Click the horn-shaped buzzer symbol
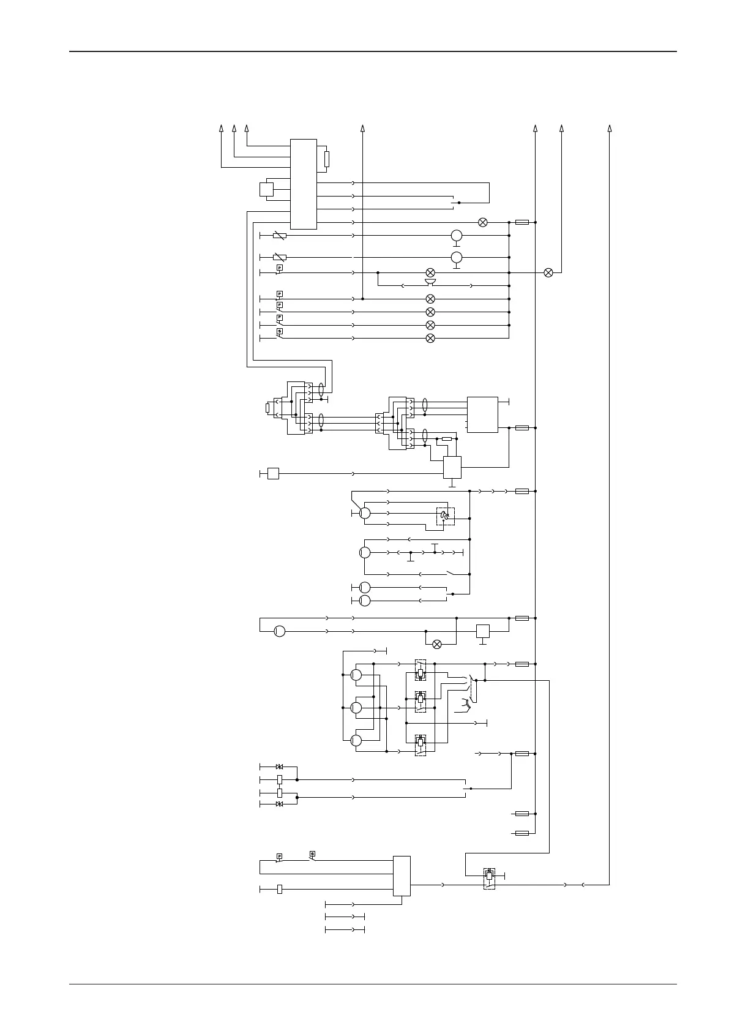point(430,282)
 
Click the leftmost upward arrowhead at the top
point(221,128)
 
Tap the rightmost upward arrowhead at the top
point(610,128)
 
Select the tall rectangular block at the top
point(303,184)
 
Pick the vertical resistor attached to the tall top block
point(327,159)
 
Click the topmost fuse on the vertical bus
point(522,222)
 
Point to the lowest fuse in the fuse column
point(522,833)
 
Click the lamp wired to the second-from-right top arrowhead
point(548,272)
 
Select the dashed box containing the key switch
point(446,516)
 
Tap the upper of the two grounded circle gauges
point(456,235)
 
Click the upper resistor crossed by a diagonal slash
point(279,235)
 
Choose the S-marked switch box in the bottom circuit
point(312,853)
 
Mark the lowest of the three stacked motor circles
point(356,740)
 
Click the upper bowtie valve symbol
point(280,767)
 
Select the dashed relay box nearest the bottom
point(489,878)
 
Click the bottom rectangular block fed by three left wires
point(402,875)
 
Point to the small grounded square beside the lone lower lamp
point(483,631)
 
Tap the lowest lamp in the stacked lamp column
point(430,338)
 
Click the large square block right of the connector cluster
point(482,414)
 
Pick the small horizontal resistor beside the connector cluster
point(447,439)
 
